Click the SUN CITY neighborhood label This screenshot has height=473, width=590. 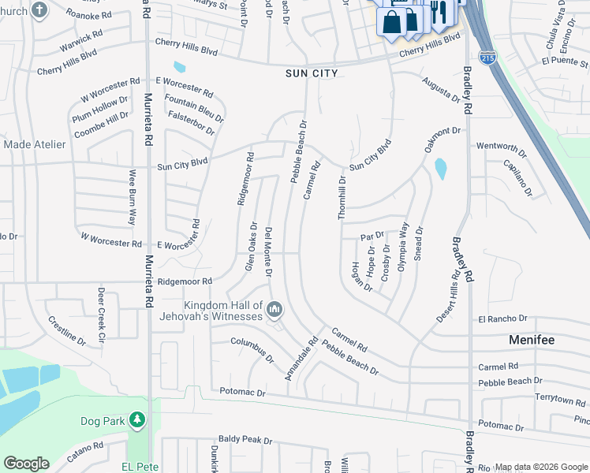pos(312,73)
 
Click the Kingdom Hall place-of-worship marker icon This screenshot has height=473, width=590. pos(274,307)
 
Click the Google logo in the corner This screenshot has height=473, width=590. pos(25,463)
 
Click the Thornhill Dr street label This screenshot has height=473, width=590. pos(343,197)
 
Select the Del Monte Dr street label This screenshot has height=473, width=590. pos(269,251)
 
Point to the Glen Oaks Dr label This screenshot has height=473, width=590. pos(250,247)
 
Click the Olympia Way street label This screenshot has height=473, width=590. pos(404,246)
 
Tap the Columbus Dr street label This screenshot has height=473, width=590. pos(252,348)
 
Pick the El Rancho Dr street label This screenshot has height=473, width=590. pos(502,318)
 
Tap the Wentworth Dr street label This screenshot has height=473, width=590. pos(501,147)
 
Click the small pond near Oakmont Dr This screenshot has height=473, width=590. pos(440,168)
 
